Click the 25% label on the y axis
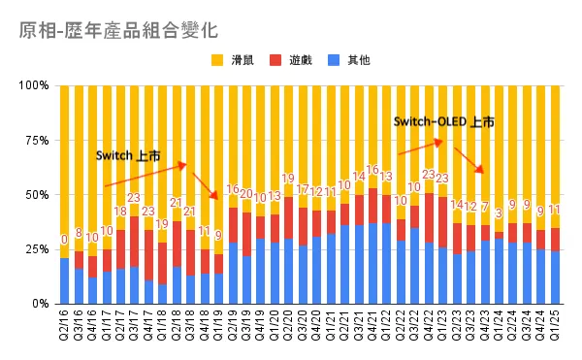point(38,249)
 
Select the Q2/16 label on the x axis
point(65,328)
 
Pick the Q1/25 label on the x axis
point(556,328)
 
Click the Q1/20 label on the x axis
point(275,328)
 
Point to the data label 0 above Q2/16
point(64,240)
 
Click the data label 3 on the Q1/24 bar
point(500,213)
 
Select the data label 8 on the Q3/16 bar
point(79,233)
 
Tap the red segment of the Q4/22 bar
point(430,218)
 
